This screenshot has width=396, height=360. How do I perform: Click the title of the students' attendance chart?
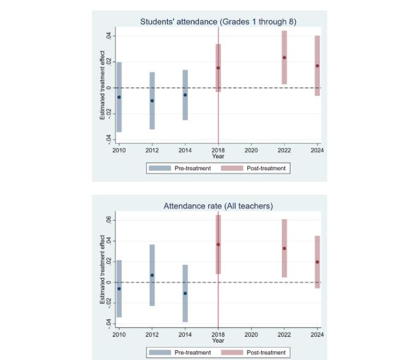coord(218,22)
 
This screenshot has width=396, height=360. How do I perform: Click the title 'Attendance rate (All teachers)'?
coord(218,206)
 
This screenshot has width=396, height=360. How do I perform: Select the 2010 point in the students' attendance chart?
coord(119,97)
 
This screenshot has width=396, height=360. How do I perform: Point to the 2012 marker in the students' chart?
coord(152,100)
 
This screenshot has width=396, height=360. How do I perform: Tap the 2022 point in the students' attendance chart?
coord(284,58)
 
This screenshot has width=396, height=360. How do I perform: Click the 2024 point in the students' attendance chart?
coord(317,66)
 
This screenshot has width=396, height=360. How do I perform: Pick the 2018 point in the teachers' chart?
coord(218,245)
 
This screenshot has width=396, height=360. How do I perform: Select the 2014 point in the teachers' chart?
coord(185,293)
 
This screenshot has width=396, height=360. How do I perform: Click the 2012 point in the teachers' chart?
coord(152,275)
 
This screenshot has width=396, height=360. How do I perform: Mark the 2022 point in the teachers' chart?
coord(284,248)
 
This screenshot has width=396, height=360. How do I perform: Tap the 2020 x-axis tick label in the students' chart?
coord(251,150)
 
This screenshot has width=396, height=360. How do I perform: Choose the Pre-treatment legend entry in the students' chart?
coord(184,168)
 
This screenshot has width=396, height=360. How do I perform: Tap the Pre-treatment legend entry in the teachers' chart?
coord(184,352)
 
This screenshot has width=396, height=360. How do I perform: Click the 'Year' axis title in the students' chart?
coord(218,156)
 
